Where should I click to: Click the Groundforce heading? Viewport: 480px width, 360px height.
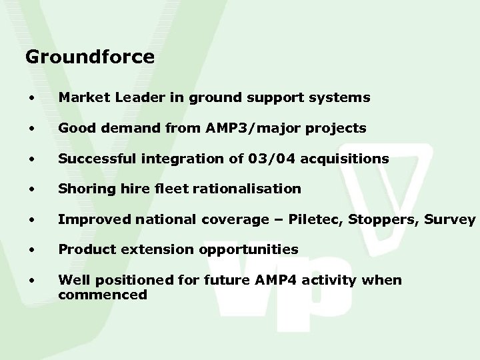[89, 57]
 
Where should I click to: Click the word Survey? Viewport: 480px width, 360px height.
[453, 219]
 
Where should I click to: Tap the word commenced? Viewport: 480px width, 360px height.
[103, 293]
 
